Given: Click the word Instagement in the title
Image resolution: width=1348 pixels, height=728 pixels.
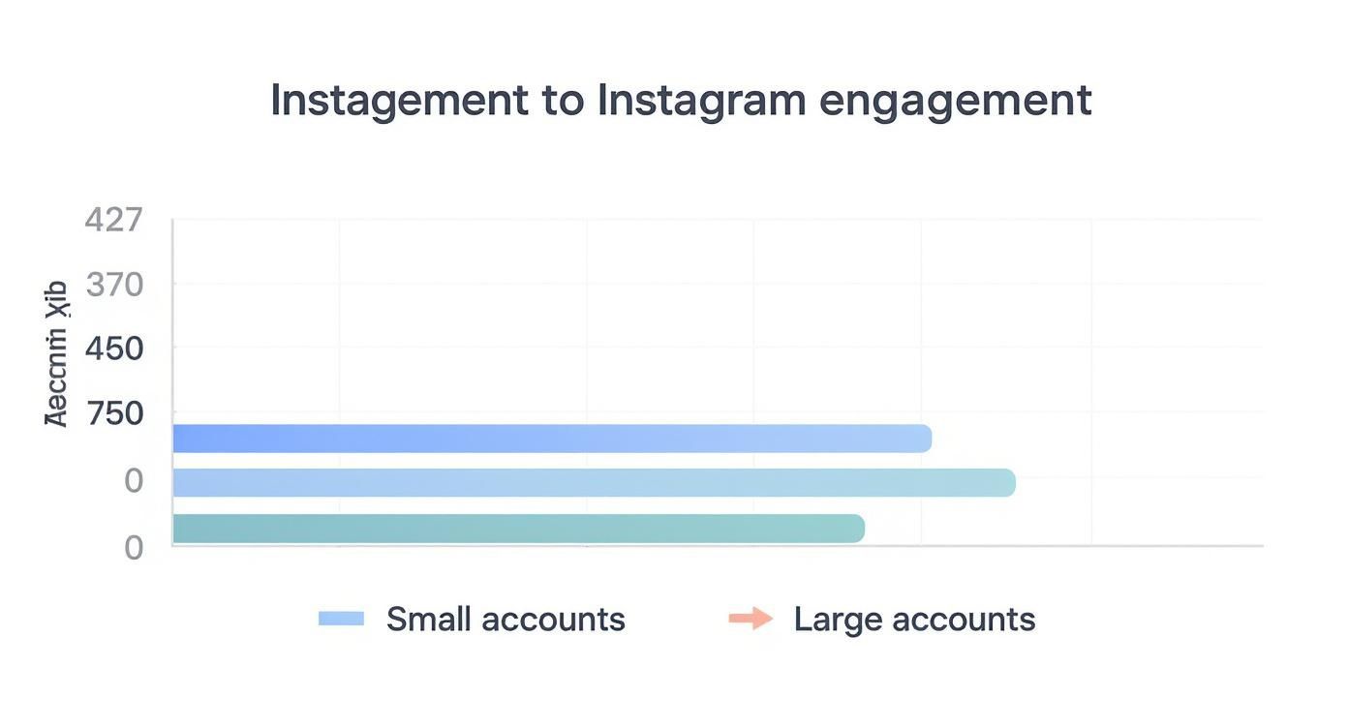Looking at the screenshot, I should [399, 101].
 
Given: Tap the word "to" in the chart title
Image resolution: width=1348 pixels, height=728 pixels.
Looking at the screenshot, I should [563, 101].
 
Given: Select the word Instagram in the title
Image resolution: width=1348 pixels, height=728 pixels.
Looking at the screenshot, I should [701, 101].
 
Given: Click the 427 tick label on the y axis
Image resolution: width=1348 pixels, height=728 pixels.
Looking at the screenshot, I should [113, 220].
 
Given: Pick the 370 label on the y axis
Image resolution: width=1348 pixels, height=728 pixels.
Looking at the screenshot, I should [114, 285].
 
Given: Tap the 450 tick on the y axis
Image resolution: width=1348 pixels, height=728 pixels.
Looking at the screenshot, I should [114, 349].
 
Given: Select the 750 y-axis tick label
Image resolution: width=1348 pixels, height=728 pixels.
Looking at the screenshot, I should [114, 414].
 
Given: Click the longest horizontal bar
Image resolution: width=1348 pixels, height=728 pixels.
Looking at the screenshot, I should [593, 483].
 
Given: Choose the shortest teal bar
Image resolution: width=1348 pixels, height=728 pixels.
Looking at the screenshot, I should [518, 529].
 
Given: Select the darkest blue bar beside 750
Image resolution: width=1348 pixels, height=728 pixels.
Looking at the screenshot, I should [552, 439].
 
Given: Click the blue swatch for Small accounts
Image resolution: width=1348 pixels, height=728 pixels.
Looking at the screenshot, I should [341, 619].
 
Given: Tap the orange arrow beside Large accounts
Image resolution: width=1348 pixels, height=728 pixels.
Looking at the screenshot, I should [751, 619].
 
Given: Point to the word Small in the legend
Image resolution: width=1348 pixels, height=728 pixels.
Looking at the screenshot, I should [427, 619].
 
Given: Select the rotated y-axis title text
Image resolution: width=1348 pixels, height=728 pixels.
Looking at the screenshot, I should [56, 353].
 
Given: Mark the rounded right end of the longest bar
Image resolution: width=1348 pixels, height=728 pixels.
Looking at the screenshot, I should [1007, 483].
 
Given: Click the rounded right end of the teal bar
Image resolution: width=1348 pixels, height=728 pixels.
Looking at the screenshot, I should [856, 529].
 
